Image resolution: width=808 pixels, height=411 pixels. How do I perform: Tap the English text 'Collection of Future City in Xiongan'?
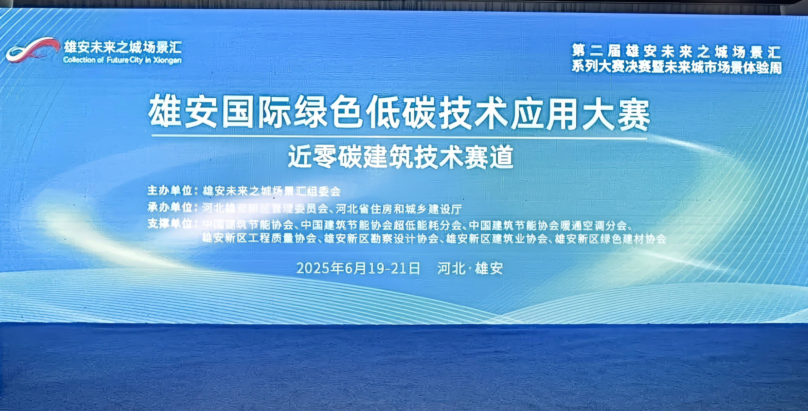122,60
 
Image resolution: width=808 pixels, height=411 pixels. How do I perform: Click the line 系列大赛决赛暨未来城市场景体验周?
676,67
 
